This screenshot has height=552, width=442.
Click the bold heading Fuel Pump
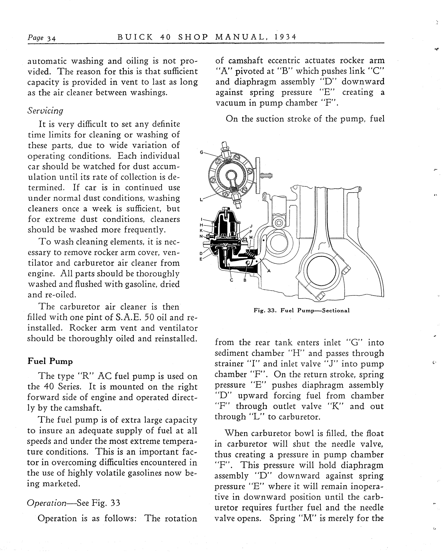(50, 361)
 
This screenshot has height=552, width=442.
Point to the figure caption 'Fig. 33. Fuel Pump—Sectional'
(301, 311)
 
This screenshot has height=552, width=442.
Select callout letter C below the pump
(231, 280)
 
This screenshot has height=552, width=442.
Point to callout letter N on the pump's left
(201, 236)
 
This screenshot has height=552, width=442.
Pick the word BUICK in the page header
(135, 37)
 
